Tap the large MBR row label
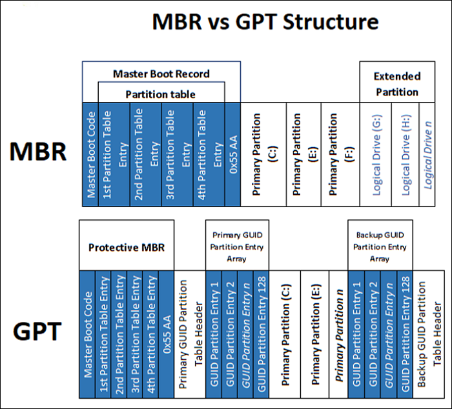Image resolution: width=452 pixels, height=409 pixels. click(x=38, y=152)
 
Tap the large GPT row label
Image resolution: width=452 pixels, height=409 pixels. click(x=38, y=332)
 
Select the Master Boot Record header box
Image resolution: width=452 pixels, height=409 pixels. click(x=161, y=74)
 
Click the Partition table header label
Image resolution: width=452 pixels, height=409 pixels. click(x=161, y=94)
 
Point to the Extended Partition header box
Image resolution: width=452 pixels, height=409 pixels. click(x=396, y=84)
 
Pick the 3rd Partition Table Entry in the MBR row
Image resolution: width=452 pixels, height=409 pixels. click(x=177, y=155)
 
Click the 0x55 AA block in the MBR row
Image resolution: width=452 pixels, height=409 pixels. click(x=232, y=155)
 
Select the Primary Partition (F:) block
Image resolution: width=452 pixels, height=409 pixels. click(x=338, y=155)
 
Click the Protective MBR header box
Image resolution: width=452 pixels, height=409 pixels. click(x=127, y=246)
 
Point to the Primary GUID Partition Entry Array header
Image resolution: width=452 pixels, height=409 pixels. click(x=236, y=245)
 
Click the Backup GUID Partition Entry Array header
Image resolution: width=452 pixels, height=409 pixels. click(x=380, y=245)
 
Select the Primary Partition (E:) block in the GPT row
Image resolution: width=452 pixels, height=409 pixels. click(x=314, y=334)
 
